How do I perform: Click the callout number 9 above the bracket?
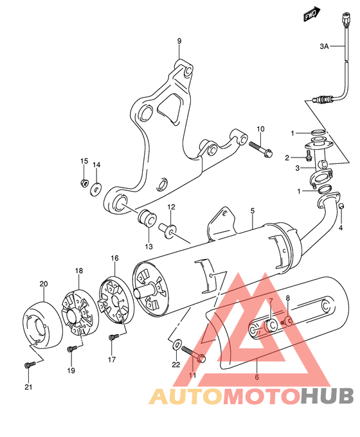coord(179,41)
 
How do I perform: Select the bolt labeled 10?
coord(256,147)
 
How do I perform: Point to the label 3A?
coord(325,46)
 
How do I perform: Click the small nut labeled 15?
coord(84,184)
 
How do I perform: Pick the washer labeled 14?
coord(96,188)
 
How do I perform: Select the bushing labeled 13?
coord(147,218)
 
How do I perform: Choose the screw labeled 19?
coord(72,349)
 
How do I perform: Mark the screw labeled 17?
coord(114,337)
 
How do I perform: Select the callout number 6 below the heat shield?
coord(256,377)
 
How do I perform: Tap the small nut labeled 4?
coord(342,206)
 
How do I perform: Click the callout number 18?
coord(79,272)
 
